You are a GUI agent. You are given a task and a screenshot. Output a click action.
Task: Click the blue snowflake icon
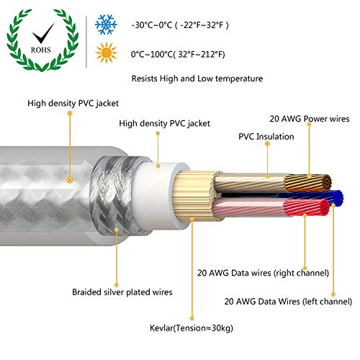(106, 24)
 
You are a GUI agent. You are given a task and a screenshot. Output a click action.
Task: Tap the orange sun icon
(106, 53)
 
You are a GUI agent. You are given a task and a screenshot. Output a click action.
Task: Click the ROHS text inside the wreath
(41, 50)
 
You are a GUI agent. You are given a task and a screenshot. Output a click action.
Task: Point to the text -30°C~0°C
(152, 25)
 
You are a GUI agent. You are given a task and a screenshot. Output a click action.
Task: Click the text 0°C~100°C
(152, 55)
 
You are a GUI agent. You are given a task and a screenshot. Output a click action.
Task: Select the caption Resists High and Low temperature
(197, 78)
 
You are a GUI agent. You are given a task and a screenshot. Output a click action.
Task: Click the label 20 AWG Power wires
(310, 119)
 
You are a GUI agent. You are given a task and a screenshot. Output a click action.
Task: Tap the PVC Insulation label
(266, 137)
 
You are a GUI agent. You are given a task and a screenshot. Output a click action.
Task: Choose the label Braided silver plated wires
(122, 292)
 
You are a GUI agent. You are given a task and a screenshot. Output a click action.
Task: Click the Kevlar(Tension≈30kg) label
(192, 328)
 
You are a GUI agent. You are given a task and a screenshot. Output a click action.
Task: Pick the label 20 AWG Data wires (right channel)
(263, 273)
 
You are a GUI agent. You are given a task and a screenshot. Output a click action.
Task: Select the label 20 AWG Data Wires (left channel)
(288, 302)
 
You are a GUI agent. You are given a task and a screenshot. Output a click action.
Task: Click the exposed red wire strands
(307, 207)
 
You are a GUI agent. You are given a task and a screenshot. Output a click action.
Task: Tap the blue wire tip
(338, 198)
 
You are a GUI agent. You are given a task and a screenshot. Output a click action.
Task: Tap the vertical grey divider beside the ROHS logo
(86, 42)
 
